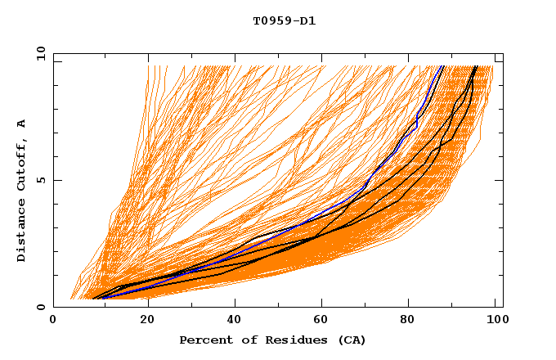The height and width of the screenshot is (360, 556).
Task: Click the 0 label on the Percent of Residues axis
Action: [x=54, y=322]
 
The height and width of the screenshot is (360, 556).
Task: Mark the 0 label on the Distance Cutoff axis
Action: [x=40, y=308]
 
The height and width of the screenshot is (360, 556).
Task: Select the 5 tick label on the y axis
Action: [x=40, y=181]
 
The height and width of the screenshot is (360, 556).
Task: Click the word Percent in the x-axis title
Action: [x=204, y=340]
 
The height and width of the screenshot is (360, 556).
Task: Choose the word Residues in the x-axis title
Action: [x=291, y=340]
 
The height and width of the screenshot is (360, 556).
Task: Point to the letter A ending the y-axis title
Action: [x=21, y=124]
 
